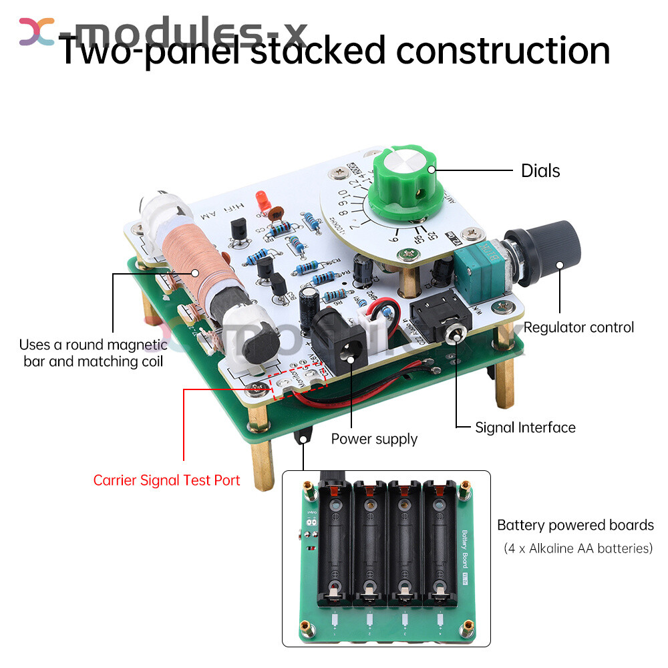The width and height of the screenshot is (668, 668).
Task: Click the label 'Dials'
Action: point(540,171)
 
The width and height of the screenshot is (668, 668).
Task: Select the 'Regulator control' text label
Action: point(578,327)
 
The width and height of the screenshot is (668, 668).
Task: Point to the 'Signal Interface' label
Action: point(525,428)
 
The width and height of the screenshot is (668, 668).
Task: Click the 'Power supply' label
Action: point(374,439)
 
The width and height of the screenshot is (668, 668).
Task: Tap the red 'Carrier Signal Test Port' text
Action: point(166,480)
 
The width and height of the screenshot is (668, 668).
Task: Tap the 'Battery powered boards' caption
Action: point(575,525)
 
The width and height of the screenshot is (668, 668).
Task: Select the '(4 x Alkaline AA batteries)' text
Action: point(577,548)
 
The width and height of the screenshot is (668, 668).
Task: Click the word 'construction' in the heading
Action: point(504,51)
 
